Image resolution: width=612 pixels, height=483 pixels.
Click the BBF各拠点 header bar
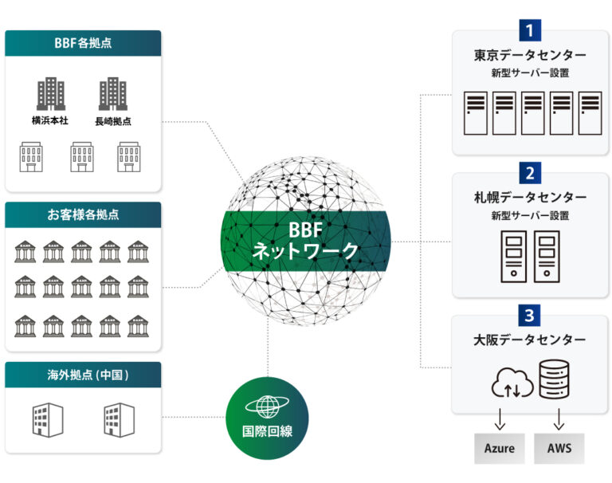coord(83,43)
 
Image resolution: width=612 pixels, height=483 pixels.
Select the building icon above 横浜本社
coord(51,94)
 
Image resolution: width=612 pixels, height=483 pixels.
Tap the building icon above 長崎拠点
coord(113,94)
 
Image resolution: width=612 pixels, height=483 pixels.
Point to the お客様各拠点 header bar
coord(83,214)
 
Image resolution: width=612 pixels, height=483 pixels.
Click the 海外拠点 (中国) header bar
coord(83,375)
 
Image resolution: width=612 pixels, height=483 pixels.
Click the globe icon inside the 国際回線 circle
coord(267,406)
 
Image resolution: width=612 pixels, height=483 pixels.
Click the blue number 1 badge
coord(530,30)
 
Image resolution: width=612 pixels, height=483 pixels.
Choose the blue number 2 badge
coord(530,172)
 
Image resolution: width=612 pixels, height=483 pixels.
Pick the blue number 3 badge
coord(530,315)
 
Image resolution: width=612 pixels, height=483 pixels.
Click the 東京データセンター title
coord(530,56)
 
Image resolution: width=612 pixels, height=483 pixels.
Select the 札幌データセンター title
coord(530,197)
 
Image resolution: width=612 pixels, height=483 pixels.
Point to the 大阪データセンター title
coord(530,340)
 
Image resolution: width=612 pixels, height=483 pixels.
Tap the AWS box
coord(559,448)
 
